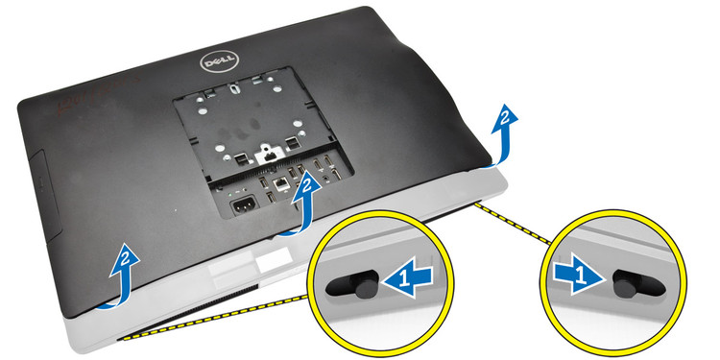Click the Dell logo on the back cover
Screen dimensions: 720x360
pos(219,61)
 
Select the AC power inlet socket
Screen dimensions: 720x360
pos(244,206)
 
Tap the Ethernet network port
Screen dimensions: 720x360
pos(279,184)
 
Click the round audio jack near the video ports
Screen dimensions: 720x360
pos(325,175)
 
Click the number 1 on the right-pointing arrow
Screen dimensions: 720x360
pos(580,276)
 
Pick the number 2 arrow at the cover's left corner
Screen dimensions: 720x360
pos(120,276)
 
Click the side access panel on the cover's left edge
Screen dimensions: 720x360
pos(45,194)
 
